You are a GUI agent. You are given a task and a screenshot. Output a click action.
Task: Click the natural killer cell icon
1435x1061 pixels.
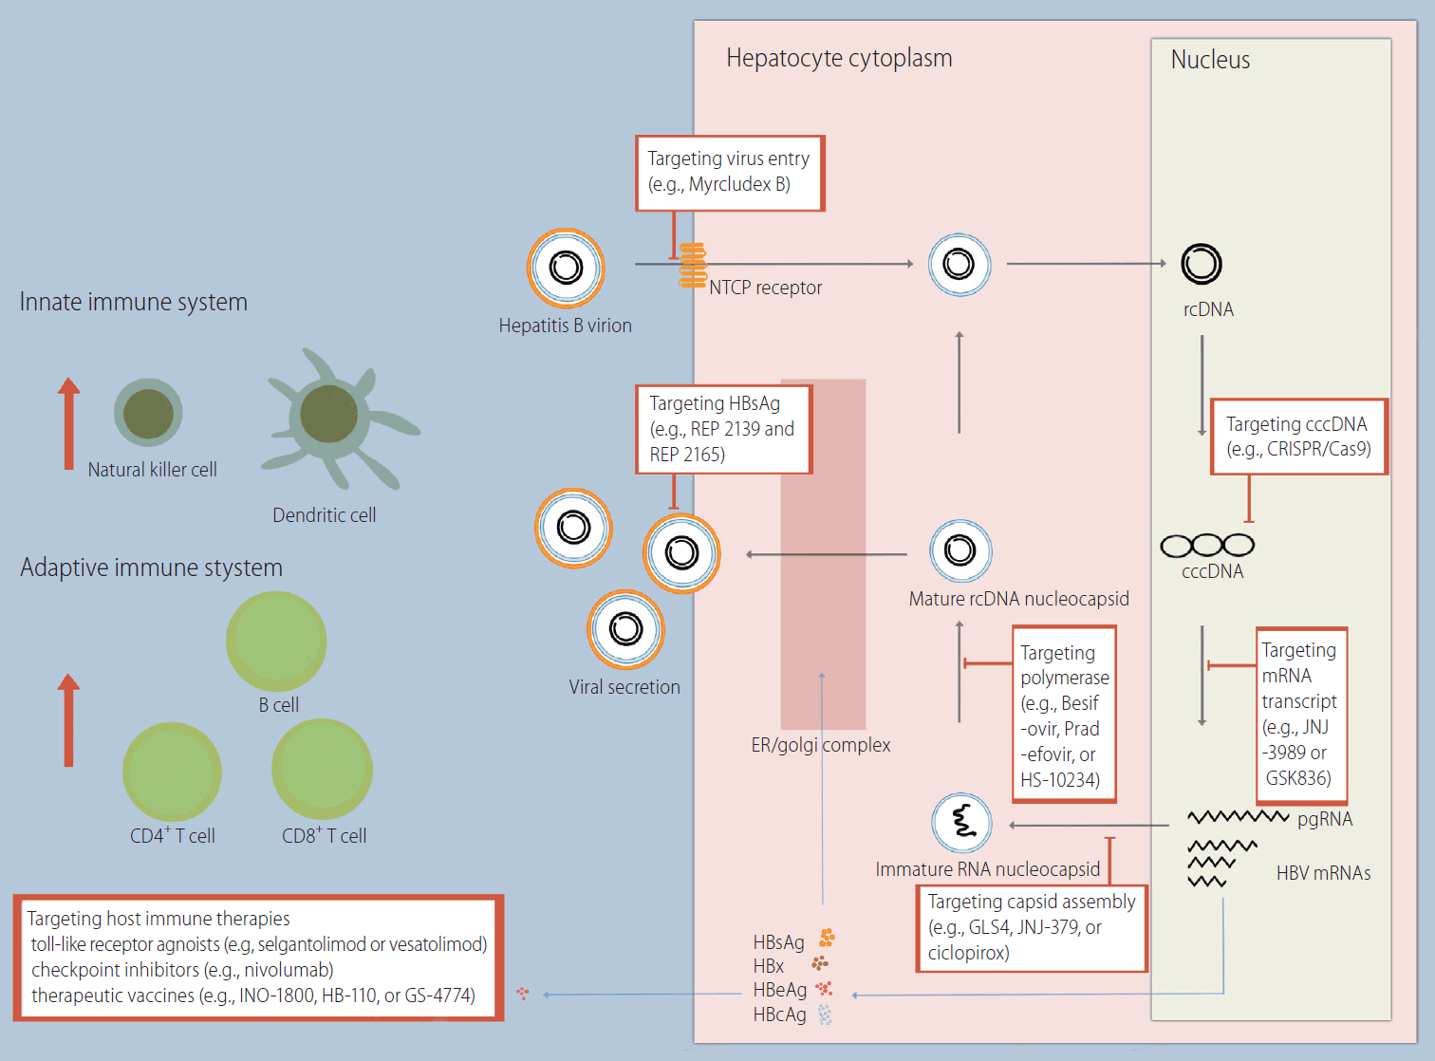click(148, 413)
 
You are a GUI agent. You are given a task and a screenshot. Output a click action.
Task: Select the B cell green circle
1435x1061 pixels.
click(276, 642)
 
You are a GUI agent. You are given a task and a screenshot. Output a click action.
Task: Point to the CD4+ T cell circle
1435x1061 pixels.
click(172, 772)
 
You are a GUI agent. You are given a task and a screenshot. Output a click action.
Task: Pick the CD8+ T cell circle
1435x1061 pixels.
click(322, 769)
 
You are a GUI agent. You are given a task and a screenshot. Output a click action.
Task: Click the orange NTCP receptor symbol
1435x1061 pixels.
click(693, 265)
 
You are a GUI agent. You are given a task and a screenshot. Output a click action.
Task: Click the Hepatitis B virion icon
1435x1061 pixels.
click(566, 268)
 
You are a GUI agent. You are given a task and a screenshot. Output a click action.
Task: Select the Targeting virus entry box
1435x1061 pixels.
click(729, 173)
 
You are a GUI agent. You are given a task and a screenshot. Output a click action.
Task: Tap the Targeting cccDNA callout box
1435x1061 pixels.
click(1298, 437)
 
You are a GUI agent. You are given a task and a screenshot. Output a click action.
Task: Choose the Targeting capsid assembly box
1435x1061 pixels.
click(1032, 928)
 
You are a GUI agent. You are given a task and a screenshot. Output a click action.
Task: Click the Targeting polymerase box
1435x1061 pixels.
click(1064, 715)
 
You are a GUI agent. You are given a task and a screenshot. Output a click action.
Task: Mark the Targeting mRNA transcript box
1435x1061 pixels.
click(1301, 715)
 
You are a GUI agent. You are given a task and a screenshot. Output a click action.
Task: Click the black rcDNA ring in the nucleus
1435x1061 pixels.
click(1202, 264)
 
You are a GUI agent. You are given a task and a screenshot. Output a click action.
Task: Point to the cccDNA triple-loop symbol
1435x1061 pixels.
click(1207, 546)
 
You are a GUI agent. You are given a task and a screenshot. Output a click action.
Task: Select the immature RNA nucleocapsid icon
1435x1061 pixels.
click(961, 822)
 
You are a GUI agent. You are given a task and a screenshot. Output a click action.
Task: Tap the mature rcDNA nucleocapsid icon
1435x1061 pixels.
click(960, 550)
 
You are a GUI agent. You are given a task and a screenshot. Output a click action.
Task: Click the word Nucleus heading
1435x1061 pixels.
click(1210, 60)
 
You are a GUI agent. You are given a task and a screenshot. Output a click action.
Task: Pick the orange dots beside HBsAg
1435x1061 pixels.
click(827, 938)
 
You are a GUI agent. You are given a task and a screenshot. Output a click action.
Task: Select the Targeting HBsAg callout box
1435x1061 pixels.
click(724, 429)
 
